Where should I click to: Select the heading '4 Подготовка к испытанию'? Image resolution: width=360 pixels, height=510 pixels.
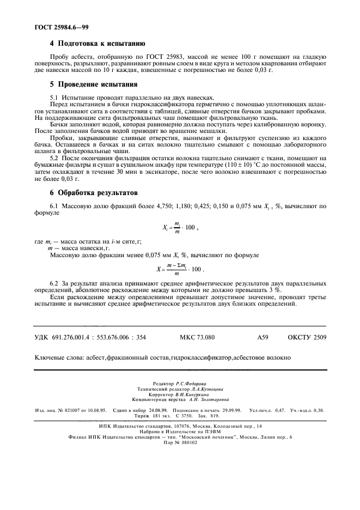[97, 42]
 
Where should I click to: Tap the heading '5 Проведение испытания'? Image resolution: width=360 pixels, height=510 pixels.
[93, 84]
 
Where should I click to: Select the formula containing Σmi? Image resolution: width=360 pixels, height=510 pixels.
[179, 269]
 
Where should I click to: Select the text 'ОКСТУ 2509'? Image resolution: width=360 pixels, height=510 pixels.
[307, 337]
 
